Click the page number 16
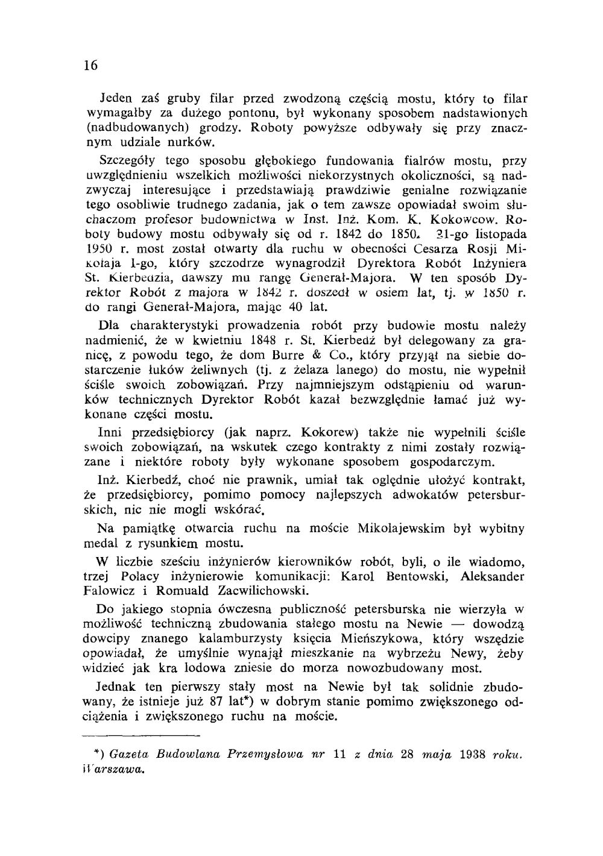tap(91, 66)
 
